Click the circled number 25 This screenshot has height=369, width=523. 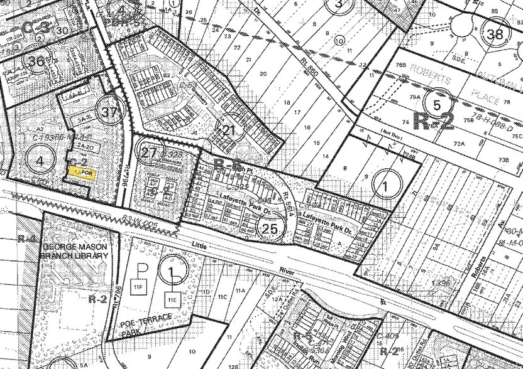(271, 228)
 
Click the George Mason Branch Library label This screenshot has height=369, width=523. (76, 251)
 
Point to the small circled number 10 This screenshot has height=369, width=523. (339, 41)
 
